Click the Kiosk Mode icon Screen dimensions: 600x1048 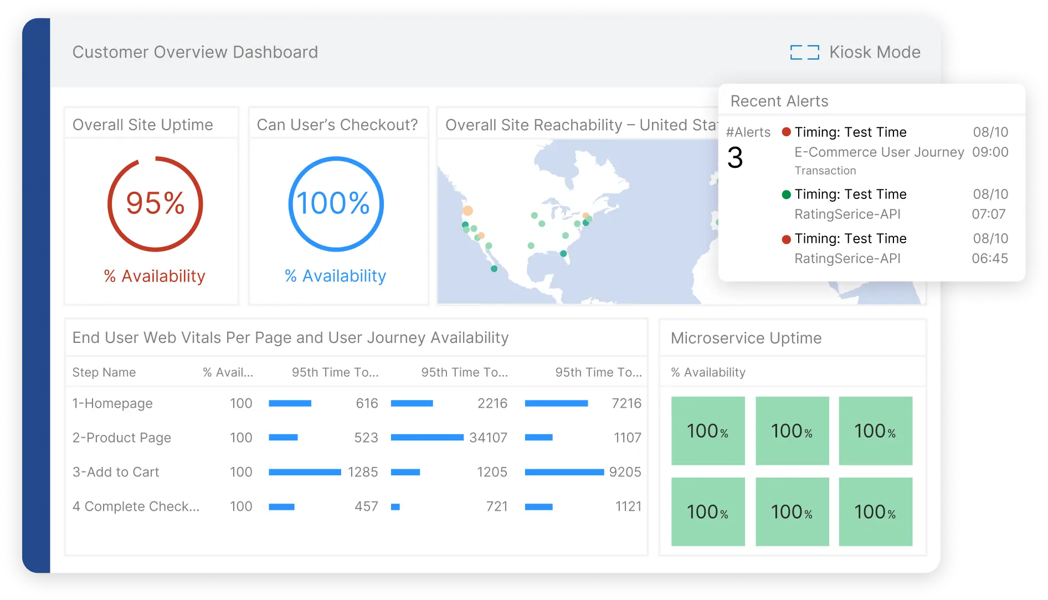(x=804, y=53)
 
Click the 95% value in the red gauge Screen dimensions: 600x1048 (x=155, y=203)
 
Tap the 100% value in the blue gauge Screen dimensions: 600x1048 (x=333, y=203)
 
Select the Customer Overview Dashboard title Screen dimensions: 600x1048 (x=195, y=52)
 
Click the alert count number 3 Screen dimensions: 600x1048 (x=735, y=158)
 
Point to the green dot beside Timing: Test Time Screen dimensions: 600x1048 (x=786, y=194)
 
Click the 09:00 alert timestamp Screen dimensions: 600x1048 (x=990, y=152)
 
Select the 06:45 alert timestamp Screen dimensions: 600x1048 (x=989, y=259)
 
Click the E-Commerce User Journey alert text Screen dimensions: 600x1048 (x=879, y=152)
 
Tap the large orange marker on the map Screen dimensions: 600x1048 (x=468, y=211)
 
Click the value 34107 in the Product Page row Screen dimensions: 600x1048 (x=488, y=438)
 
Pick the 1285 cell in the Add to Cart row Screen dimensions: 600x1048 (x=363, y=472)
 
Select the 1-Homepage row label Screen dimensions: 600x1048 (x=112, y=403)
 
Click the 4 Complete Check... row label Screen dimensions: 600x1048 (x=136, y=506)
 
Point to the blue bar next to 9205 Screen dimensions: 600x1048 (x=564, y=472)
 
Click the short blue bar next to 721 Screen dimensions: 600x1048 (x=395, y=507)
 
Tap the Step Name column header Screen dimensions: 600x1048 (x=104, y=372)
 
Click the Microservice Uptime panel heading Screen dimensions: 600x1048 (x=746, y=338)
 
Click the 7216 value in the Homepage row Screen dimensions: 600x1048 (x=626, y=403)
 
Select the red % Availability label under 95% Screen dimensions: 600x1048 (x=155, y=276)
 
